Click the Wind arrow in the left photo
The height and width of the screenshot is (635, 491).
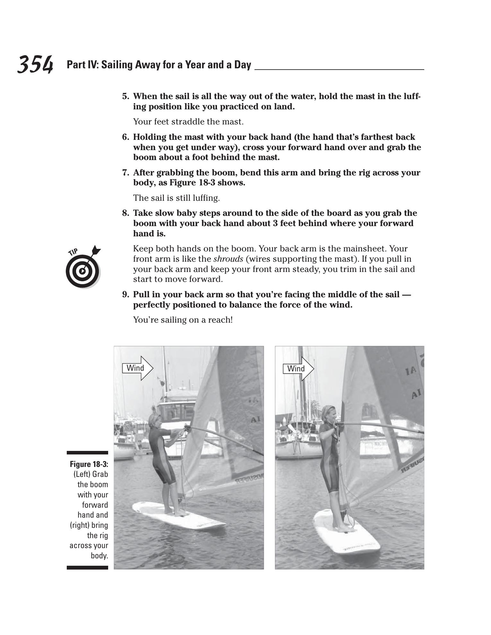coord(138,368)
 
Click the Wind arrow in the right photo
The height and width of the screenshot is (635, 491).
coord(298,368)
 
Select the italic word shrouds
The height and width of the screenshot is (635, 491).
coord(228,259)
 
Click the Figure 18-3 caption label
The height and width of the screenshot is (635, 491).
coord(89,464)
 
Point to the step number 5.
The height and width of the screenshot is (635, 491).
coord(125,96)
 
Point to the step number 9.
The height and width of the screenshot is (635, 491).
coord(125,294)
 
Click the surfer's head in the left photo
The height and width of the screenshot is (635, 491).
coord(154,420)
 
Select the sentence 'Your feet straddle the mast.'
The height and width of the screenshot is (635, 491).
coord(188,122)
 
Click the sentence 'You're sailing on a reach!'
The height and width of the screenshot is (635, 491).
coord(183,320)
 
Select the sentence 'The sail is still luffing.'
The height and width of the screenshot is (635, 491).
coord(177,198)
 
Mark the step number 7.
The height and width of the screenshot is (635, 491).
coord(125,173)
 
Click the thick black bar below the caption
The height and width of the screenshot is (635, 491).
coord(87,567)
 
